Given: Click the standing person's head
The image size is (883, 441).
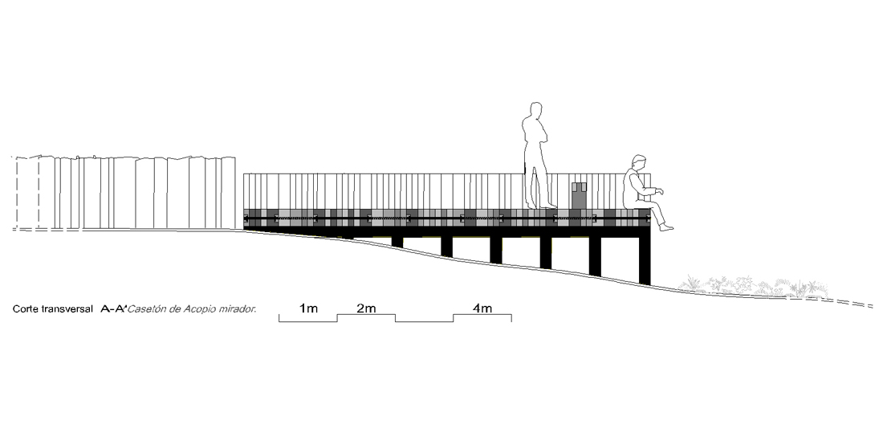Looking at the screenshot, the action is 536,110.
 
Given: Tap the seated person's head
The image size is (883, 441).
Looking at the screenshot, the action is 638,161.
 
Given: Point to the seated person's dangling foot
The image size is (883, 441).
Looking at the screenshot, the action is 666,227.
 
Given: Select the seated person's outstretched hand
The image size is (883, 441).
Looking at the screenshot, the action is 660,191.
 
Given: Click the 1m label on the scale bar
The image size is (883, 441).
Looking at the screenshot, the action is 308,308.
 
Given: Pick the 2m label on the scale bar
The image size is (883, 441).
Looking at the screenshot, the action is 366,308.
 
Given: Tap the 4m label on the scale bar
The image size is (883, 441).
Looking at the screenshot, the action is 482,308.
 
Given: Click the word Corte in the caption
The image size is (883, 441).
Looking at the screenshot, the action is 26,308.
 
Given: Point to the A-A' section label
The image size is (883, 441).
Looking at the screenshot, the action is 114,308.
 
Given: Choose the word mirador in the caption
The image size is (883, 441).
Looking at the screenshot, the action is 236,308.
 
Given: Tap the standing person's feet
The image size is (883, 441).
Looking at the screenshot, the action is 540,206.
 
